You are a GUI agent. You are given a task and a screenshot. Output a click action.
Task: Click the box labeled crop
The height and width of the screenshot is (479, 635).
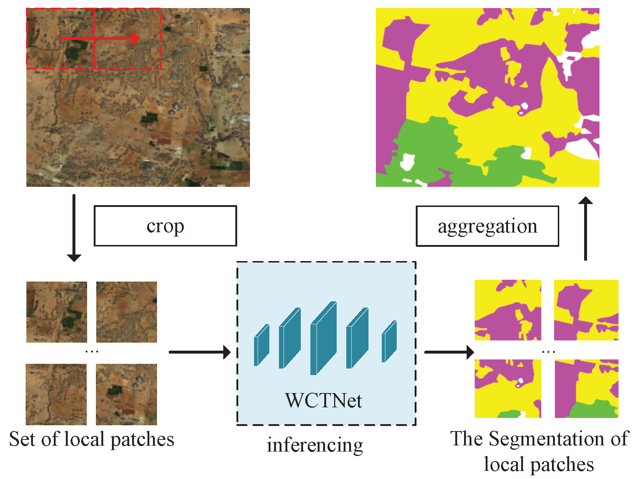point(165,226)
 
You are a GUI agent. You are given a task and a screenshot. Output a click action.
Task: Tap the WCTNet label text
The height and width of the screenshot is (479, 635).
point(324,401)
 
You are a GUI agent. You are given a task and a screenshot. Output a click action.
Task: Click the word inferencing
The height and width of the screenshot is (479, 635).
point(315,445)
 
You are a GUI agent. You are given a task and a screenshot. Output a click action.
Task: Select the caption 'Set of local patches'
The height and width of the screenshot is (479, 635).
point(91,439)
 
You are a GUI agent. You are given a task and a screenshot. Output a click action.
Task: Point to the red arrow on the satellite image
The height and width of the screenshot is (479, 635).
point(99,38)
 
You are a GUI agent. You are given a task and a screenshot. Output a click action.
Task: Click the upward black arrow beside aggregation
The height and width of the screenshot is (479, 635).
point(586,229)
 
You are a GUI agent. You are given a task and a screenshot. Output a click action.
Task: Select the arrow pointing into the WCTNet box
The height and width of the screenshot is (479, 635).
point(199,352)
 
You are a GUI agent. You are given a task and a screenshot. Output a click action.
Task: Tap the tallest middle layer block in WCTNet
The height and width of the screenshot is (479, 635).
point(323,338)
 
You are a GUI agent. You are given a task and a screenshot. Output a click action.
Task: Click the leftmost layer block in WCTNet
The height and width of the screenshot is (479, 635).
point(261,345)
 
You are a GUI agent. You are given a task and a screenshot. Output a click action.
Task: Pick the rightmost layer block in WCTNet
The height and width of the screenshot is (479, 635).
point(389,342)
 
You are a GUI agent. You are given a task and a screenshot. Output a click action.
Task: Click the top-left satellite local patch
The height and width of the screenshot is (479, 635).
point(57,312)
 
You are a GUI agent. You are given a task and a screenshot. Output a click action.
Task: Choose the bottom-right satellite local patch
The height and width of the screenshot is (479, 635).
point(126,394)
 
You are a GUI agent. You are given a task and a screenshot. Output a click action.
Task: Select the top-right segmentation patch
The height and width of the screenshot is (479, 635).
point(586,310)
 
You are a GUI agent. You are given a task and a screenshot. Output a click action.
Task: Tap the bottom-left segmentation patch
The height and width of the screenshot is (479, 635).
point(508,388)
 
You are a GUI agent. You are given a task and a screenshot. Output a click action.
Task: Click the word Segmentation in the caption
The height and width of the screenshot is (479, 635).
point(547,439)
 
